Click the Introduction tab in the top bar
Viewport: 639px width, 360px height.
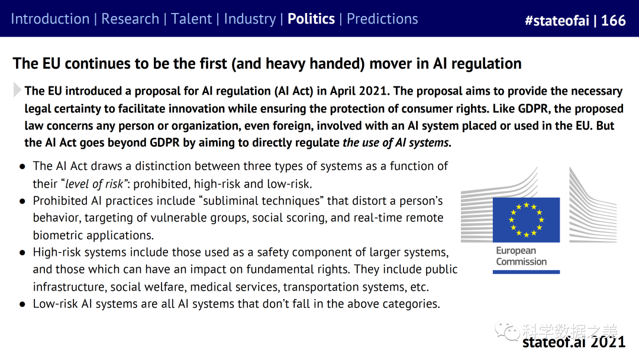50,19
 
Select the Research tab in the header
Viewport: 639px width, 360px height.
130,19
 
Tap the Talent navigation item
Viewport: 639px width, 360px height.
191,19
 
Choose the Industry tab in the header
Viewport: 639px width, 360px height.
250,19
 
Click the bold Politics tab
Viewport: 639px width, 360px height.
311,19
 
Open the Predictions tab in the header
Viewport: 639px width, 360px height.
382,19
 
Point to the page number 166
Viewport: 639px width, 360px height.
614,20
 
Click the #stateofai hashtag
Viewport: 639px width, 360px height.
557,20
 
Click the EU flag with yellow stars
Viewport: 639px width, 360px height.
526,220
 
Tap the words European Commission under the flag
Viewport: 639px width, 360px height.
521,256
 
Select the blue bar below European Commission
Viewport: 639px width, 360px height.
526,272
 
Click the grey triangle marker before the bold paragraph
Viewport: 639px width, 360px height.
17,89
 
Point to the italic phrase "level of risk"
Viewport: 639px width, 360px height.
94,184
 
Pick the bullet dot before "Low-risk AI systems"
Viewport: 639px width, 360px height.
23,304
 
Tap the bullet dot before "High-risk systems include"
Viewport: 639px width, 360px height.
23,253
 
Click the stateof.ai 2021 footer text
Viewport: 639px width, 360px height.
574,342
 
